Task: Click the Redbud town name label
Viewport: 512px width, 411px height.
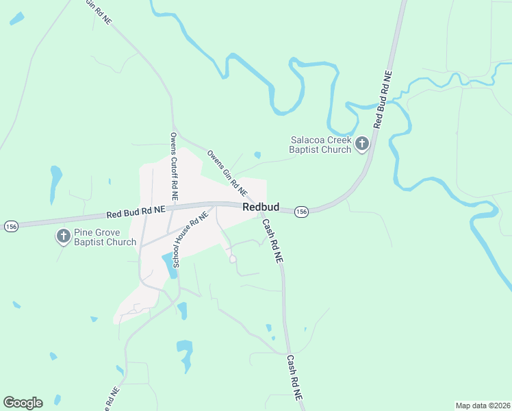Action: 259,206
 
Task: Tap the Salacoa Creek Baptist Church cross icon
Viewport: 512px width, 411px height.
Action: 362,144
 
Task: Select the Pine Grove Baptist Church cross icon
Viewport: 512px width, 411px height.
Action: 63,236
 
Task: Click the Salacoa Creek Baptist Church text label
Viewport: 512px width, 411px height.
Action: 320,145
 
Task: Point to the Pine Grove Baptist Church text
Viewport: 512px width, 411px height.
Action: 105,237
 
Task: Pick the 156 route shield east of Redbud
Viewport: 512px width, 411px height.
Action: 302,212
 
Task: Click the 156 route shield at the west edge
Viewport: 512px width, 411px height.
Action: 10,225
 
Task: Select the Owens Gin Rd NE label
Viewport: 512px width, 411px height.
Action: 227,171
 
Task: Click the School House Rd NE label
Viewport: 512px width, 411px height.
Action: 190,238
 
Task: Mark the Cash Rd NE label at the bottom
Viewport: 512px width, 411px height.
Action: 294,378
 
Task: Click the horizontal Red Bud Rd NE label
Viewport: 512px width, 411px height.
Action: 136,212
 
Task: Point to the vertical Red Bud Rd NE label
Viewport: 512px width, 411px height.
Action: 383,99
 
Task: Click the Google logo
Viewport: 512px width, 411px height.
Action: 23,403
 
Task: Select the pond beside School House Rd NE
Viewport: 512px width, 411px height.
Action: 168,264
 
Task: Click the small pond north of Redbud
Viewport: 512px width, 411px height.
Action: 257,155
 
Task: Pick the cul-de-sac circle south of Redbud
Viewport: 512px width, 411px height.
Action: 233,259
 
